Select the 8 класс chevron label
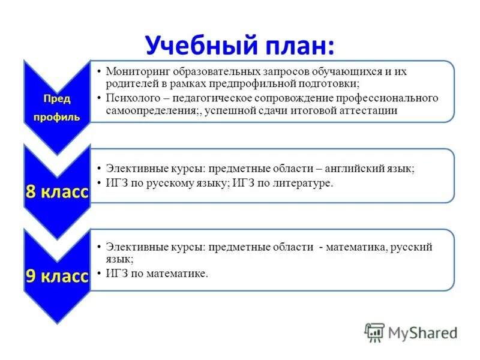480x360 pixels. (56, 193)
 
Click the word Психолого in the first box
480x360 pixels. (130, 98)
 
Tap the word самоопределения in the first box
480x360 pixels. (146, 111)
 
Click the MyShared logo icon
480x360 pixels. (374, 332)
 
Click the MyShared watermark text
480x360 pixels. (422, 332)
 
